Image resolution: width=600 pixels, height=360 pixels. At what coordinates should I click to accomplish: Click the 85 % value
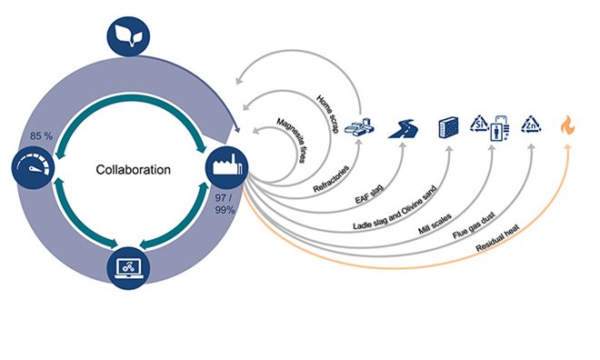pyautogui.click(x=42, y=137)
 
